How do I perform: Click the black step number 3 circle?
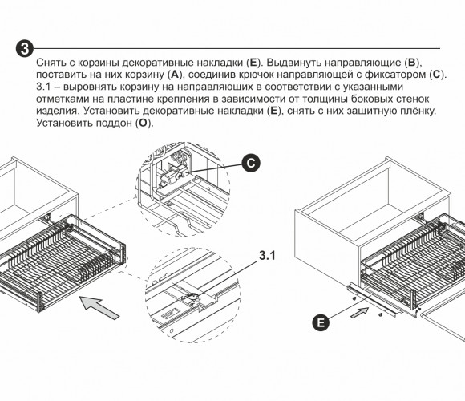25,48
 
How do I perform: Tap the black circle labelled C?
251,163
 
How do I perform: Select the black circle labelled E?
321,322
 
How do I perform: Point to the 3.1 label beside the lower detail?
267,256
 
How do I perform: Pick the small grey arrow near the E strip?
360,313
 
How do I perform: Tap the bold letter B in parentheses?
412,63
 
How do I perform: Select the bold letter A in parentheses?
175,75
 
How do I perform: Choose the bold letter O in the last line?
143,123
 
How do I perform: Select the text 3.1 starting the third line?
44,87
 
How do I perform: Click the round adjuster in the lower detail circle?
192,298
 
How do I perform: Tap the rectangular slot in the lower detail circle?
170,313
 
